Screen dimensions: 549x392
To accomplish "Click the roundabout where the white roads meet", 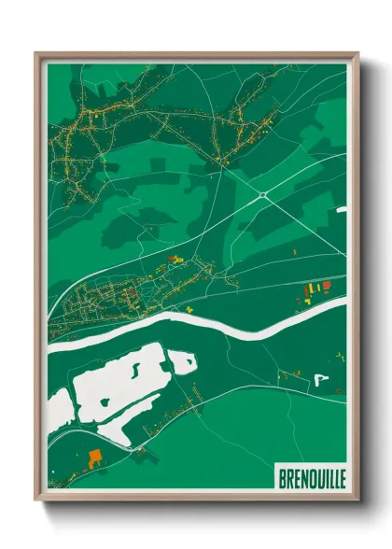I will pos(263,194).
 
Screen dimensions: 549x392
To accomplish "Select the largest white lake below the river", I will pos(117,383).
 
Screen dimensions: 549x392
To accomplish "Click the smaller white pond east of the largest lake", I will pos(182,359).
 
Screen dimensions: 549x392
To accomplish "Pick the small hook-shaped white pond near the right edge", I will pos(320,379).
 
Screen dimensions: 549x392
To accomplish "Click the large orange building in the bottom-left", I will pos(94,457).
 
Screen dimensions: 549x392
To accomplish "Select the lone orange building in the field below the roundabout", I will pos(295,251).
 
